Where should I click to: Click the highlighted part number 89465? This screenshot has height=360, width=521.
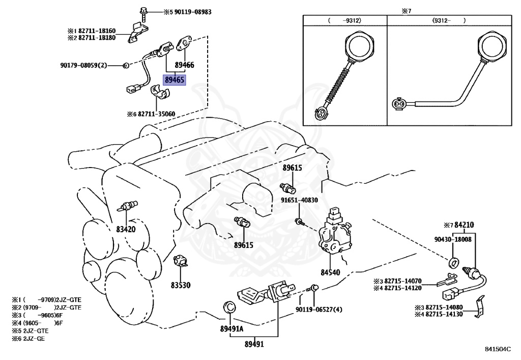coord(175,80)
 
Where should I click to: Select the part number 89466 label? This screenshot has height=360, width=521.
coord(184,65)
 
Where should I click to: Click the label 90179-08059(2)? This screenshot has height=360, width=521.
coord(84,65)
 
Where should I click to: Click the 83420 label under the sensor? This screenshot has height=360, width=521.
coord(126,229)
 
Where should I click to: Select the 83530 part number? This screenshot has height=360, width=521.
coord(181,285)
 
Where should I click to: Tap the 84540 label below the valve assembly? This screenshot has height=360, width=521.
coord(330,272)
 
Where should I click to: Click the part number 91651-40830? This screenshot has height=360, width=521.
coord(299,200)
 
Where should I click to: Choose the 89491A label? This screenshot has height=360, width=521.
coord(231,329)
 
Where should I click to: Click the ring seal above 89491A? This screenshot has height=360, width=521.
coord(228,307)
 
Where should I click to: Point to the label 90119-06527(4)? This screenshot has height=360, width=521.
coord(319,310)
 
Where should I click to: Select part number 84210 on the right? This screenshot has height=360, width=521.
coord(464,225)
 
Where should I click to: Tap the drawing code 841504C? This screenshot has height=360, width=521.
coord(498,349)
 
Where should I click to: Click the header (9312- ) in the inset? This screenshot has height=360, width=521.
coord(449,20)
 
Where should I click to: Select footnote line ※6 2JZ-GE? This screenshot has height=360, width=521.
coord(28,339)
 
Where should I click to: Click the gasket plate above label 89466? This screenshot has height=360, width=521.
coord(183,44)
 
